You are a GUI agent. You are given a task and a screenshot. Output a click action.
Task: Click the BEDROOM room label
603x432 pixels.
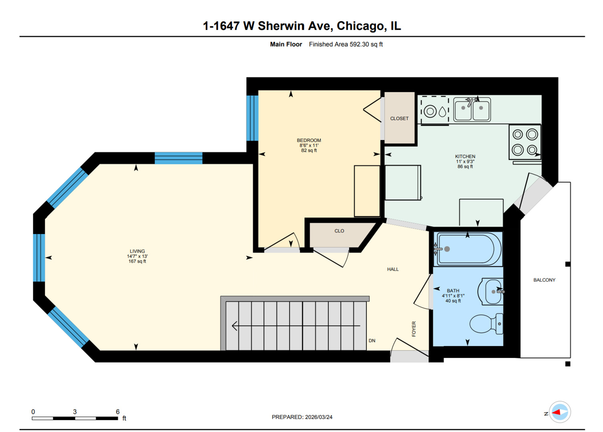click(x=309, y=140)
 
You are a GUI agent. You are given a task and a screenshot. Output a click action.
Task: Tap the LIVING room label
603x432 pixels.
click(x=137, y=251)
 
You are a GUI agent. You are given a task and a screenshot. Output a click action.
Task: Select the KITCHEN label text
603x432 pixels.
click(x=465, y=156)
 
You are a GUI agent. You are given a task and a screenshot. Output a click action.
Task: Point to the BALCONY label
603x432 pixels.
click(x=544, y=280)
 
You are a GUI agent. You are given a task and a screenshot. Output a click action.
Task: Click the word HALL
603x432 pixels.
click(x=393, y=269)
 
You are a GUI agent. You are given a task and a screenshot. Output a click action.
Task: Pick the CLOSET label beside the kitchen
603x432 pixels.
click(x=399, y=118)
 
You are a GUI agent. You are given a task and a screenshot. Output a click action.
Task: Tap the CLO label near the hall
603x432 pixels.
click(x=339, y=231)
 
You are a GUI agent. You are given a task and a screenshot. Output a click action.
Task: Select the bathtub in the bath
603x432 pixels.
click(x=468, y=249)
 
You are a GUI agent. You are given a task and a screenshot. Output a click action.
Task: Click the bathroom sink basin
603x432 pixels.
click(x=492, y=292)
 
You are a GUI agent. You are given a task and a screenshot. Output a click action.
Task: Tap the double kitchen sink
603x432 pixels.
click(x=472, y=109)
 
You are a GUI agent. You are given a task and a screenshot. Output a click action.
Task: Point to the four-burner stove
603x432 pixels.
click(x=525, y=142)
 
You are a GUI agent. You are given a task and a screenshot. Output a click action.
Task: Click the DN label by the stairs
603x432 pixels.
click(x=372, y=341)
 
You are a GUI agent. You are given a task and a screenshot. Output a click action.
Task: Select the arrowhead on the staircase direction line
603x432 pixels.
click(x=235, y=326)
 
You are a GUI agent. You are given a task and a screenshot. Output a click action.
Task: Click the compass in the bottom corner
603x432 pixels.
click(x=560, y=412)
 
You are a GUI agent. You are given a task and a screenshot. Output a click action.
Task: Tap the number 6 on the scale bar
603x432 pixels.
click(x=118, y=412)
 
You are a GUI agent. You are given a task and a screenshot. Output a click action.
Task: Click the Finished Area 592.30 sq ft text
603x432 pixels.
click(x=346, y=44)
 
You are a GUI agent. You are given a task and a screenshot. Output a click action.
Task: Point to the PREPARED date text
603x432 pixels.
click(x=302, y=417)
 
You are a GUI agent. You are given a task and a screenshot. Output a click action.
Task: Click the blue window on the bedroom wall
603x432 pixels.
click(x=252, y=118)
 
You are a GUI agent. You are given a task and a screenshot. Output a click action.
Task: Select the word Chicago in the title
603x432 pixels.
click(x=362, y=26)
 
